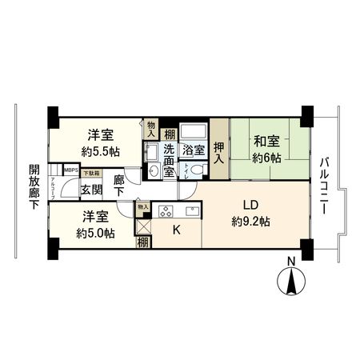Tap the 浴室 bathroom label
pyautogui.click(x=193, y=150)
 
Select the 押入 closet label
pyautogui.click(x=218, y=152)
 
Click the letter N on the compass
pyautogui.click(x=292, y=262)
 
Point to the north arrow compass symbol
pyautogui.click(x=292, y=283)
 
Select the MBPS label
pyautogui.click(x=71, y=170)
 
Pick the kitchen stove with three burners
pyautogui.click(x=166, y=212)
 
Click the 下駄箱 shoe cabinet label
pyautogui.click(x=93, y=172)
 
